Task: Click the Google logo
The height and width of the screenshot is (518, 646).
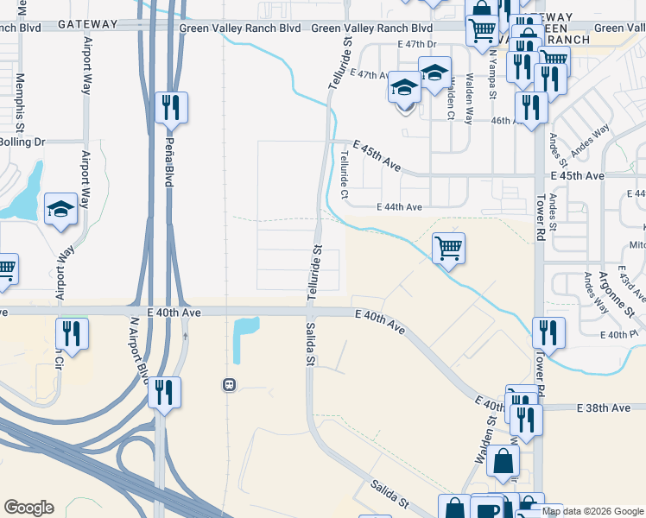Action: [x=28, y=508]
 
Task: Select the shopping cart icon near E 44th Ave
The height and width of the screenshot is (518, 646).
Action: [x=448, y=250]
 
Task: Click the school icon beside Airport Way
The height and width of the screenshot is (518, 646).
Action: [x=60, y=211]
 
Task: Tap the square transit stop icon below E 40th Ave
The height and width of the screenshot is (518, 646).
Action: [x=229, y=384]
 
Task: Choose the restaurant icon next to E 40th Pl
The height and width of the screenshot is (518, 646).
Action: [x=548, y=332]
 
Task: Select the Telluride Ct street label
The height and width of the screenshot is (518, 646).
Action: [x=344, y=175]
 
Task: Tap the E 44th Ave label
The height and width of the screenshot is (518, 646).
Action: [x=399, y=207]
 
